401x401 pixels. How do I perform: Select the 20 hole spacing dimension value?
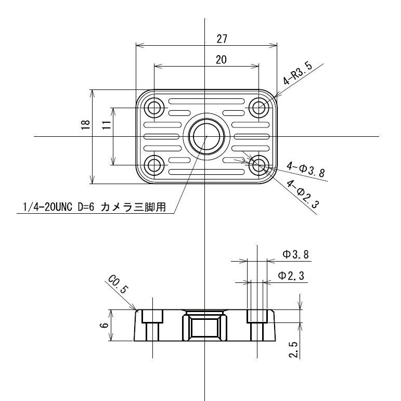tap(221, 60)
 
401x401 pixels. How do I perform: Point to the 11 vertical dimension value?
tap(106, 125)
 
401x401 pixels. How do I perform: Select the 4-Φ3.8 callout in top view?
tap(306, 170)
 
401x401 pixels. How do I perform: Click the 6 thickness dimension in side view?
tap(103, 325)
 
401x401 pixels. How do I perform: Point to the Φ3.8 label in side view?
tap(294, 254)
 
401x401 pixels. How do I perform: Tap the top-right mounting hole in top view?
tap(258, 108)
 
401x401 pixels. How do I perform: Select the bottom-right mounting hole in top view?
tap(258, 165)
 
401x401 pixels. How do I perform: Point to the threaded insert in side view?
tap(205, 327)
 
